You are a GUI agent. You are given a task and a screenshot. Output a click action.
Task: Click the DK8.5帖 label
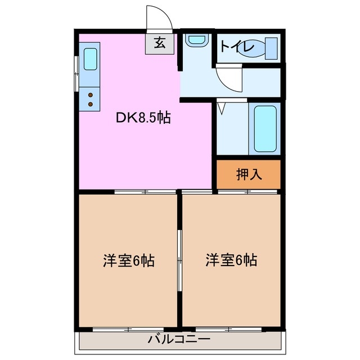(x=143, y=118)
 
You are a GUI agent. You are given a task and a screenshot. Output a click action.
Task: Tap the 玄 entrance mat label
(x=160, y=44)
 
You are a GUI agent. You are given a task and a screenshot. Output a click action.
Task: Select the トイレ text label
(x=237, y=47)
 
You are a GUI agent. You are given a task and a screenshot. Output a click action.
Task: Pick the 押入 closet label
(x=249, y=175)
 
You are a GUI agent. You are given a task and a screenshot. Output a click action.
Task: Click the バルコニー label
(x=179, y=339)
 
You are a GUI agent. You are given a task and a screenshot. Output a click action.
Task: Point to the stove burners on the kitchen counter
(x=90, y=100)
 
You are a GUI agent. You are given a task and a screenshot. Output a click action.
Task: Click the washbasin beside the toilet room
(x=196, y=40)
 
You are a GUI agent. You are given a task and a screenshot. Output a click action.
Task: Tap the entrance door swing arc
(x=160, y=18)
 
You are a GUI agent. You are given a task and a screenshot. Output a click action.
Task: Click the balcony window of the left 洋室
(x=128, y=328)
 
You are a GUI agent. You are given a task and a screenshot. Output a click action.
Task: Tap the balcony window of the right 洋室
(x=231, y=328)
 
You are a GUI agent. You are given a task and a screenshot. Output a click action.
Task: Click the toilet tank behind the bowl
(x=272, y=48)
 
